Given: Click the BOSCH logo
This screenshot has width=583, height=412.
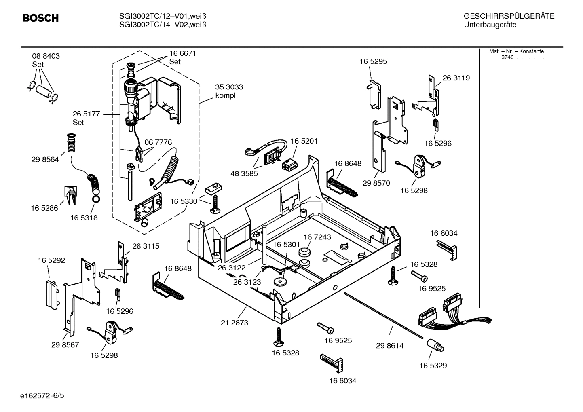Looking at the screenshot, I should [x=40, y=18].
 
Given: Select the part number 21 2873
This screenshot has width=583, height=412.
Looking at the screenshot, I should [x=234, y=323].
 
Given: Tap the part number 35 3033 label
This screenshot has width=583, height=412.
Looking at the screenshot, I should [x=229, y=87].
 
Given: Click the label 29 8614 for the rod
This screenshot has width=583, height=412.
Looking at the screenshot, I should [x=390, y=346].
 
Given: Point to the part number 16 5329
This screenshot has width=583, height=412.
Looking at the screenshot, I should [x=433, y=366].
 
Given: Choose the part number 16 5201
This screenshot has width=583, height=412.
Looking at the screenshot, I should [x=304, y=141].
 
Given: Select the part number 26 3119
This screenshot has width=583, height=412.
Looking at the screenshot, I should [x=456, y=78].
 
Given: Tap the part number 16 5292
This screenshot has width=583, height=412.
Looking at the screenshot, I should [x=51, y=261].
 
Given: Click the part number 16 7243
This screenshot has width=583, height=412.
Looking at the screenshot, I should [x=317, y=237].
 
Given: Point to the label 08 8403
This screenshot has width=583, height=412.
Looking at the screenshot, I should [x=46, y=56].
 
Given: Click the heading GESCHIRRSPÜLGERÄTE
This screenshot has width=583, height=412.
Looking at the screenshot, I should [x=509, y=16].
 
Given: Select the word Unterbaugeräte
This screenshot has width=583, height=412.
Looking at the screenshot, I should [x=490, y=25].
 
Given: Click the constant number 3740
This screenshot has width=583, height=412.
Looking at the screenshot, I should [x=507, y=57].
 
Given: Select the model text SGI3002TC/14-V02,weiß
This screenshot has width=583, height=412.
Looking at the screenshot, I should [x=163, y=25].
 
